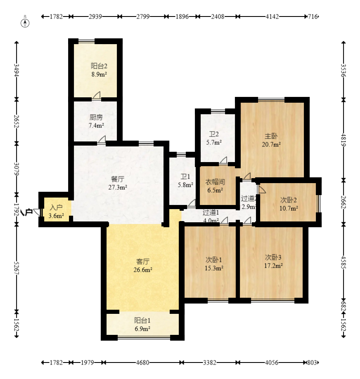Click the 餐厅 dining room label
[x=118, y=179]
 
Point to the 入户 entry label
[x=56, y=208]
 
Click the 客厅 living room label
[x=143, y=261]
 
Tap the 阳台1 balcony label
[x=142, y=320]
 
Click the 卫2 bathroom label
[x=213, y=134]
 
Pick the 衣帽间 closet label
[x=215, y=182]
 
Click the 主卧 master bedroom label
[x=271, y=136]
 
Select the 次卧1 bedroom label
[x=214, y=260]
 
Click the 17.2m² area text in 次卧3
[x=273, y=266]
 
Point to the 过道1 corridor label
[x=211, y=213]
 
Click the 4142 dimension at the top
[x=272, y=16]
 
